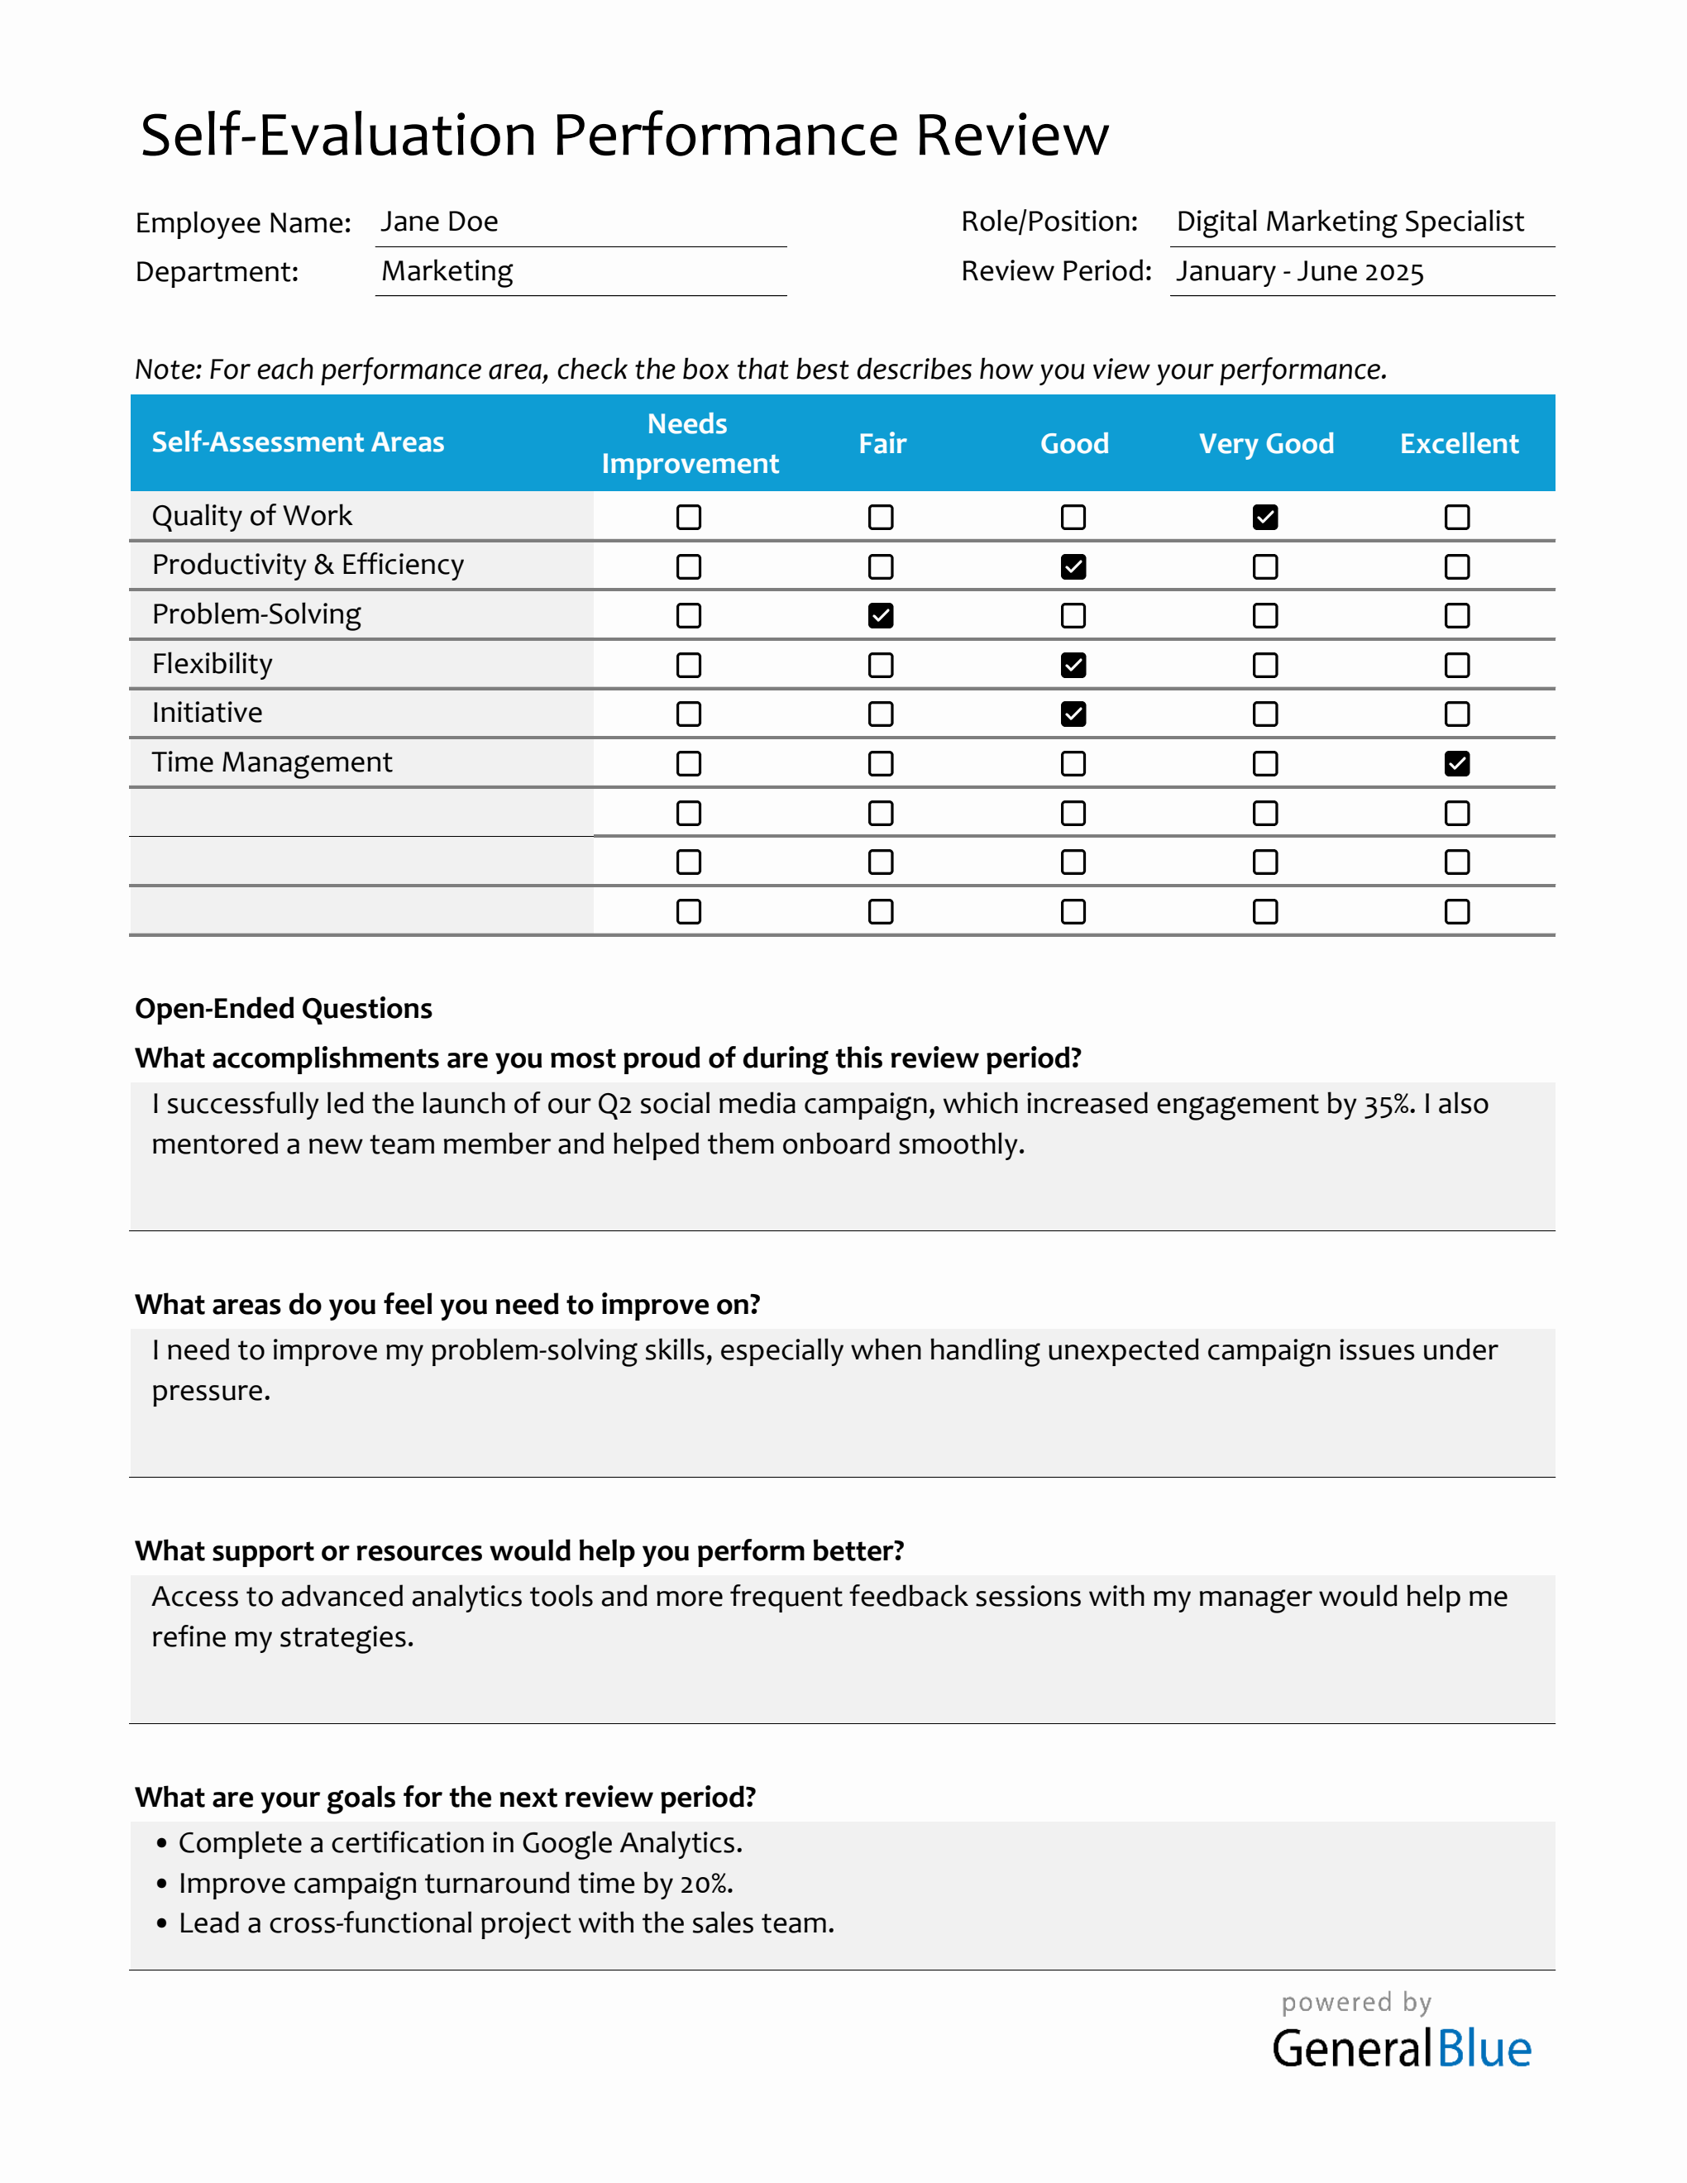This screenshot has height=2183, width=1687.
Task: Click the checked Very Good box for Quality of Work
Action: click(1265, 517)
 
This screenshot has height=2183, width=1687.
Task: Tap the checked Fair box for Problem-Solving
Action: click(881, 616)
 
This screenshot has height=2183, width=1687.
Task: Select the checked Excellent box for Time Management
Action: click(1457, 764)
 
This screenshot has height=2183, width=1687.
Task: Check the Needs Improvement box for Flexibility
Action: click(689, 665)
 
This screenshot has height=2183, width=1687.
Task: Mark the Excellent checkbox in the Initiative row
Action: click(1457, 714)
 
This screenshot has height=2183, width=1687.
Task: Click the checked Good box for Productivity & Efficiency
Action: click(1073, 566)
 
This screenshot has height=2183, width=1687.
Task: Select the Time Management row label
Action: click(272, 762)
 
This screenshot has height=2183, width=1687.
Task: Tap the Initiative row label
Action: click(207, 713)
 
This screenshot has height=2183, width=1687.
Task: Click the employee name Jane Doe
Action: click(440, 222)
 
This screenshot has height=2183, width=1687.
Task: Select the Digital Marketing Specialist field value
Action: click(1350, 222)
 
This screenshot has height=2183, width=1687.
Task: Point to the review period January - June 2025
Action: click(1299, 272)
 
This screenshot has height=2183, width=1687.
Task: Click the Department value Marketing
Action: click(447, 272)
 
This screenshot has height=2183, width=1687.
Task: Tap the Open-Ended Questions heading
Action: click(284, 1009)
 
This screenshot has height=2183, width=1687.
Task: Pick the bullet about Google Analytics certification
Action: click(460, 1843)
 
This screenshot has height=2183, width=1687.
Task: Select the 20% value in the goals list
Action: click(705, 1884)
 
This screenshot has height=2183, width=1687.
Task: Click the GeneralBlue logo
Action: click(1401, 2049)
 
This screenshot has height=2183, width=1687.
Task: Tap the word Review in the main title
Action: click(1011, 135)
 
